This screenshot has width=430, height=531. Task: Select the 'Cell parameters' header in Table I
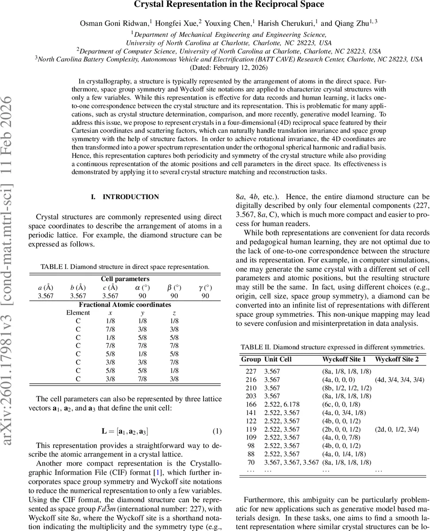coord(125,279)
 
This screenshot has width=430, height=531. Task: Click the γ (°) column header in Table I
coord(205,288)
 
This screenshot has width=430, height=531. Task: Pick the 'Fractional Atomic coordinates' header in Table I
coord(125,304)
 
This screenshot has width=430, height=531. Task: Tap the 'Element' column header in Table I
coord(77,313)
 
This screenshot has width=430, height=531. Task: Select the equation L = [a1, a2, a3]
coord(125,431)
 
